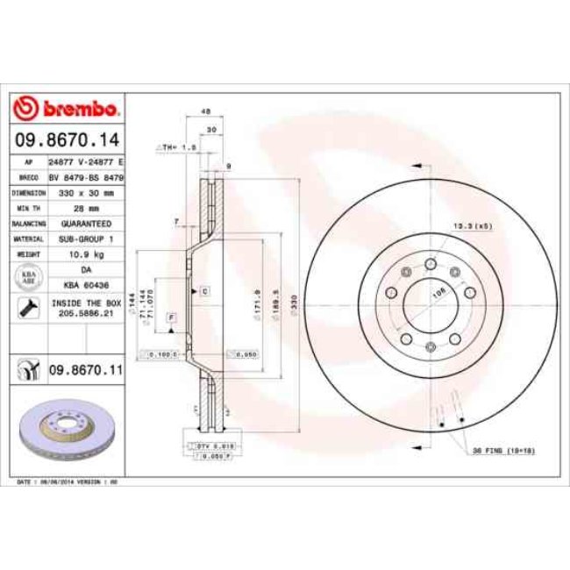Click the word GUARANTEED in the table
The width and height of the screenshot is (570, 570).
coord(86,224)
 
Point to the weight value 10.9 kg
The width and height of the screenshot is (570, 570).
coord(86,253)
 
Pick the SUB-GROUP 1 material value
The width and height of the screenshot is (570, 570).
coord(86,238)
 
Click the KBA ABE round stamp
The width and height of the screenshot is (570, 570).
coord(28,278)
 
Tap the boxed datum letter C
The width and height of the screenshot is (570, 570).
coord(203,289)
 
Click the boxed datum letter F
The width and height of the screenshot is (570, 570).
coord(172,315)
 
